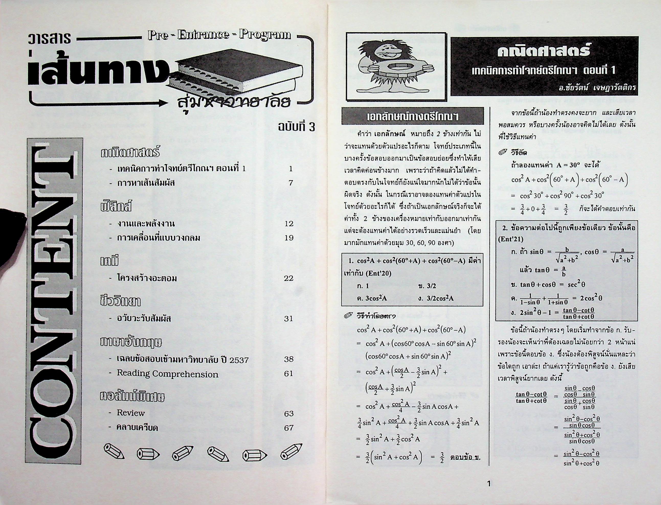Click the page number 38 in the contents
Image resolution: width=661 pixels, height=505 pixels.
[x=289, y=359]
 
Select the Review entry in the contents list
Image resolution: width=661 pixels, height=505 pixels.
[x=130, y=413]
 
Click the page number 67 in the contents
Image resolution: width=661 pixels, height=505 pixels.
[x=289, y=428]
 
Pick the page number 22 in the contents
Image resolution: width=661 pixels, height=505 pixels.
[x=289, y=278]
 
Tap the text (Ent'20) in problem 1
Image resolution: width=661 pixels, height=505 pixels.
[x=376, y=274]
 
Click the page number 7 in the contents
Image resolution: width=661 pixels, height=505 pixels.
[x=290, y=183]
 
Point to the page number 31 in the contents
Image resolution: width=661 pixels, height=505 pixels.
[x=289, y=319]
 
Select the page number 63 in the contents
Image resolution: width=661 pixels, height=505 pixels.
[x=289, y=414]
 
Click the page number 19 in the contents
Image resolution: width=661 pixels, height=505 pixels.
[x=289, y=238]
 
